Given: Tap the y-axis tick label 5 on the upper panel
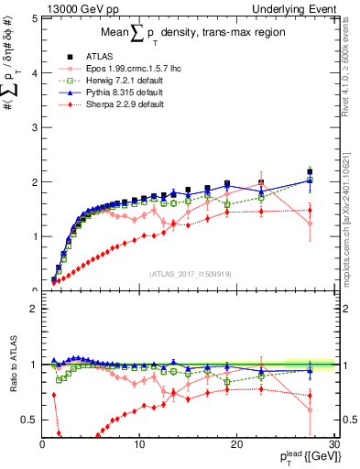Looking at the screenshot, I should [33, 19].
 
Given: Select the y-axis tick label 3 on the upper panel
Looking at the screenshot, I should [33, 127].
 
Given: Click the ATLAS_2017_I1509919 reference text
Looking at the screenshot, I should [188, 272].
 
